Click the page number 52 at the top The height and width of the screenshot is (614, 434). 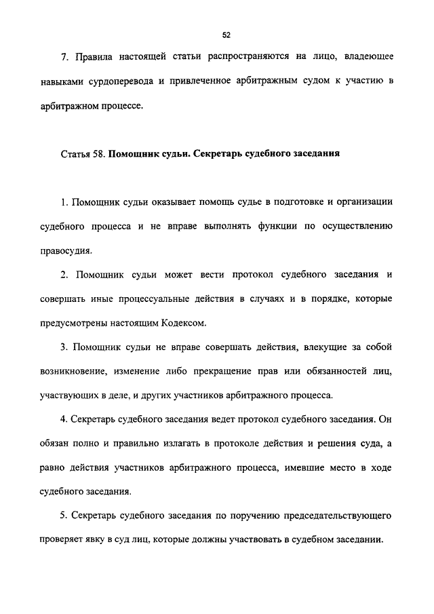coord(226,35)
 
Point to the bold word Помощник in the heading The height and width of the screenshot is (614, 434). coord(133,153)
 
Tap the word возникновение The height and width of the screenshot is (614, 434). coord(87,370)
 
